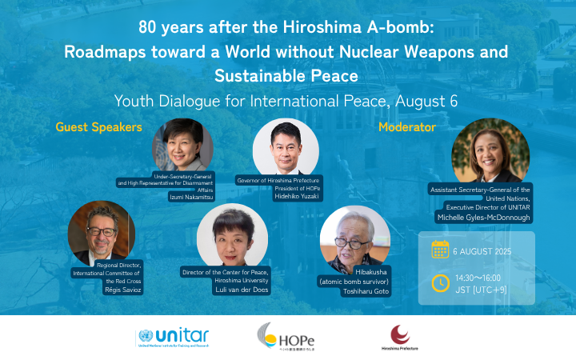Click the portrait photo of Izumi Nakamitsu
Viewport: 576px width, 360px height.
click(183, 146)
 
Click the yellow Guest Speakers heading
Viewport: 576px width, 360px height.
click(99, 127)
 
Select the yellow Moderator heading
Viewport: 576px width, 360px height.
click(407, 127)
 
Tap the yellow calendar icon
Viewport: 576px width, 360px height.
click(440, 250)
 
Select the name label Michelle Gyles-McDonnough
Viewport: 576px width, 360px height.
click(483, 217)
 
